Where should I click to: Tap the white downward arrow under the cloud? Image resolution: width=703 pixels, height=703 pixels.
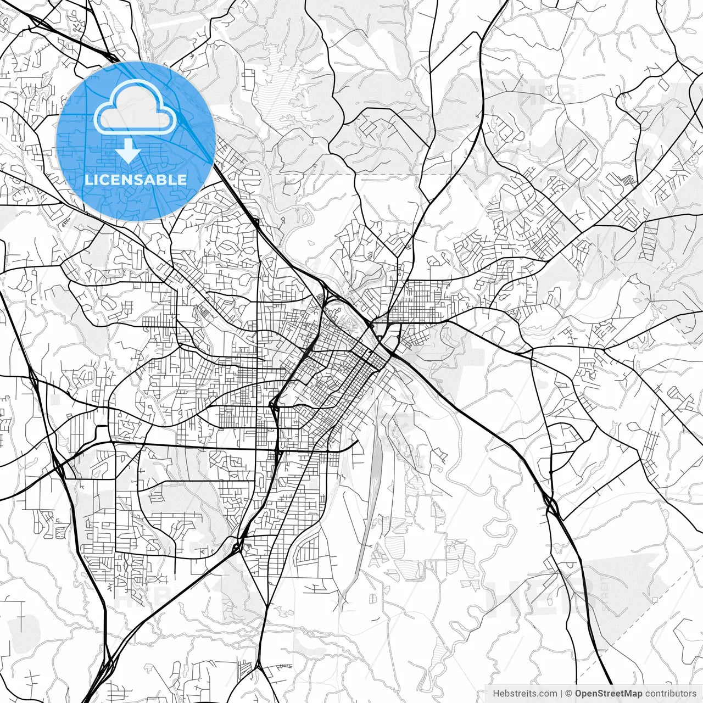tap(129, 150)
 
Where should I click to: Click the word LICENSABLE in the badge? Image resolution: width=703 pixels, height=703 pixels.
tap(136, 180)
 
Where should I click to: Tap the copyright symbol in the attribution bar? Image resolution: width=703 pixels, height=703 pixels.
tap(570, 693)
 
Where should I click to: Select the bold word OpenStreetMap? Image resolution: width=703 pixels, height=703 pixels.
tap(608, 693)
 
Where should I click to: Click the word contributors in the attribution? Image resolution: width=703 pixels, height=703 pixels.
tap(671, 693)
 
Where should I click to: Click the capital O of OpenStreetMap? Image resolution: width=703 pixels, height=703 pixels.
tap(579, 693)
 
